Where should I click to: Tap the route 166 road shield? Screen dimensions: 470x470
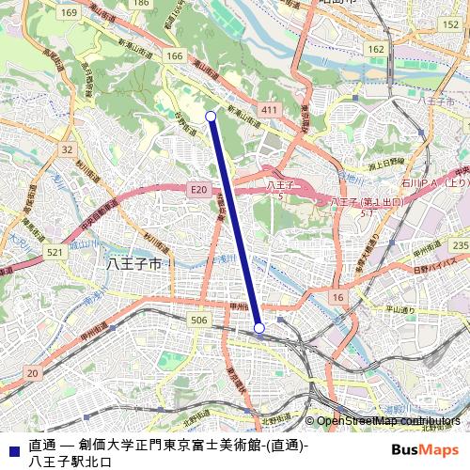click(x=175, y=57)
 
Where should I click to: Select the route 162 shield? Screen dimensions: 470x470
click(x=376, y=48)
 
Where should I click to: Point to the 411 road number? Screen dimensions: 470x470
click(x=270, y=111)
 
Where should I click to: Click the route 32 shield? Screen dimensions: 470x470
click(x=67, y=149)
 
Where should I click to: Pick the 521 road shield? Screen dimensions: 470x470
click(x=55, y=253)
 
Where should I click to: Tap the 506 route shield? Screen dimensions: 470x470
click(x=198, y=321)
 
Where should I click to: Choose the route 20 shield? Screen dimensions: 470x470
click(x=33, y=374)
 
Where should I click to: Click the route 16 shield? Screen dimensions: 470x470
click(x=336, y=297)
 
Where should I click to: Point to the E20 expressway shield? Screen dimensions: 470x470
click(x=197, y=190)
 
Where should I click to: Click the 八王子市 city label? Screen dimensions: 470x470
click(x=135, y=265)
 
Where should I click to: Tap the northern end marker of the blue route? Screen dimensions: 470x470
click(x=211, y=117)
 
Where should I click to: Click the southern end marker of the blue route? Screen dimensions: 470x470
click(x=259, y=328)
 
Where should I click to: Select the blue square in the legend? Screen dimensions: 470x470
click(x=11, y=446)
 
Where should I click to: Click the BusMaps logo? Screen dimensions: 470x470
click(x=424, y=449)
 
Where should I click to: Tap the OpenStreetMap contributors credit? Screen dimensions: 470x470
click(x=387, y=421)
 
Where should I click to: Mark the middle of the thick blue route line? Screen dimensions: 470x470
click(x=235, y=222)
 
